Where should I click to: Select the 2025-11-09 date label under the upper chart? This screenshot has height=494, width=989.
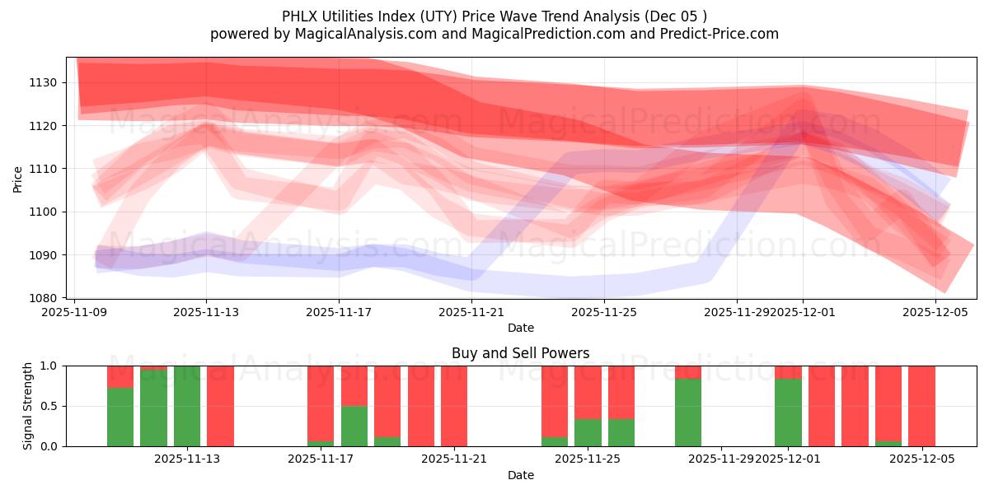point(74,313)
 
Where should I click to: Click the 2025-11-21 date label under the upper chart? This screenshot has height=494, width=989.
point(471,313)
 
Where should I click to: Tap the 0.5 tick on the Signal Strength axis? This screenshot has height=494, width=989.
point(49,406)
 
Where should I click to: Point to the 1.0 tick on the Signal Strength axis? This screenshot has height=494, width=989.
point(49,366)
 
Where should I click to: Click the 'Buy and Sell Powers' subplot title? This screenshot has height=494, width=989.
point(520,353)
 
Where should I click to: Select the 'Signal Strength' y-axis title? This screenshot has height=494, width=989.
point(28,406)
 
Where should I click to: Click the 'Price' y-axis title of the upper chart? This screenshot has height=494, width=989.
point(18,179)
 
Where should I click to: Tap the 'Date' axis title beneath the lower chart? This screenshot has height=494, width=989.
point(520,475)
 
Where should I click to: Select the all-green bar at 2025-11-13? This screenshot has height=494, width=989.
point(187,406)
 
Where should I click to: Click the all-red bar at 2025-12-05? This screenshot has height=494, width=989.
point(921,406)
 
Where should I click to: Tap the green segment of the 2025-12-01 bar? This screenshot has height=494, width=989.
point(788,412)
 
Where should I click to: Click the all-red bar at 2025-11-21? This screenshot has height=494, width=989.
point(454,406)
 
